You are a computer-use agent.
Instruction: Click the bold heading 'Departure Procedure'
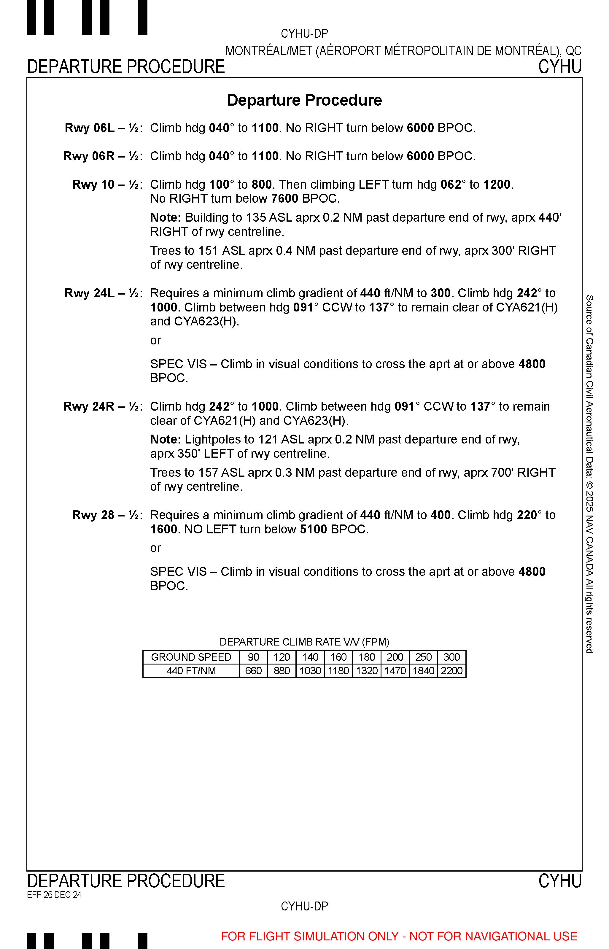(x=304, y=100)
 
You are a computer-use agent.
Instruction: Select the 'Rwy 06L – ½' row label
(x=102, y=128)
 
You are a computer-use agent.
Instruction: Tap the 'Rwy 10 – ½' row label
(x=106, y=185)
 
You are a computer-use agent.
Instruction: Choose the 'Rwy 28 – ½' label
(x=106, y=515)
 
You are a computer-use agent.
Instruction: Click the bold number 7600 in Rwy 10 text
(x=284, y=198)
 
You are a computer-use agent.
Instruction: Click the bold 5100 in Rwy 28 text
(x=313, y=529)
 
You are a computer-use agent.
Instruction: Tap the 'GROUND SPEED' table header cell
(x=191, y=657)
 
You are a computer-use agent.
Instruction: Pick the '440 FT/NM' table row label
(x=191, y=671)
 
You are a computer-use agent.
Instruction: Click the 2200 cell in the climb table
(x=451, y=671)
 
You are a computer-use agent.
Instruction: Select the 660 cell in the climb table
(x=254, y=671)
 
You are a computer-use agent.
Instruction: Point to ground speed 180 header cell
(x=367, y=657)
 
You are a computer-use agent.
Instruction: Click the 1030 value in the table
(x=310, y=671)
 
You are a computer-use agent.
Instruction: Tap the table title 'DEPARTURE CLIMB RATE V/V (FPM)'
(x=304, y=642)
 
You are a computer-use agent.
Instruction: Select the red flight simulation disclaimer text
(x=399, y=936)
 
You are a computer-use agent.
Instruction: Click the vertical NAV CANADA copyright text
(x=589, y=475)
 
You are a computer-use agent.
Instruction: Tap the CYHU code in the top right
(x=559, y=67)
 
